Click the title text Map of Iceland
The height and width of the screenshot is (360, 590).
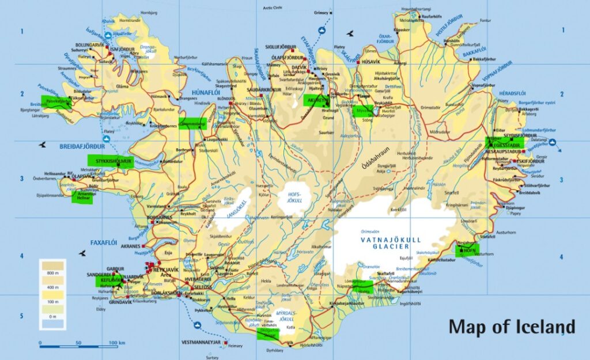pos(512,327)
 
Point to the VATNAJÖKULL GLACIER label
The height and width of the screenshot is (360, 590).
pos(391,242)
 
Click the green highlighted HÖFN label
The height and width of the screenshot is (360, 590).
pos(467,251)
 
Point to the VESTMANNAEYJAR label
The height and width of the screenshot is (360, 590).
pos(201,342)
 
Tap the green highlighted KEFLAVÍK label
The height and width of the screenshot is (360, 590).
pos(112,281)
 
